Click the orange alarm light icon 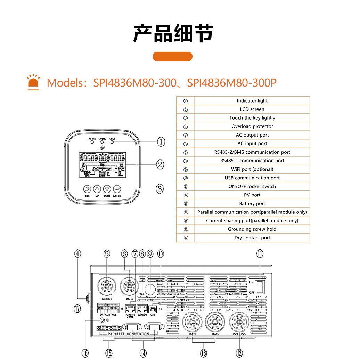[33, 82]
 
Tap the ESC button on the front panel [87, 189]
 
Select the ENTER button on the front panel [117, 189]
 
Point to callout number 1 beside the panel [161, 141]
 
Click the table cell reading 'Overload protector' [252, 126]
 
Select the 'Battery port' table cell [252, 204]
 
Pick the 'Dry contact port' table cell [252, 238]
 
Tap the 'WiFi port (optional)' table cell [252, 169]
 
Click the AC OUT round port [107, 286]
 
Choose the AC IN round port [129, 286]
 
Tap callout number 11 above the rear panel [260, 254]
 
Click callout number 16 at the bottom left [85, 353]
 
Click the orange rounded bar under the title [172, 56]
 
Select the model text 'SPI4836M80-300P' [232, 83]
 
